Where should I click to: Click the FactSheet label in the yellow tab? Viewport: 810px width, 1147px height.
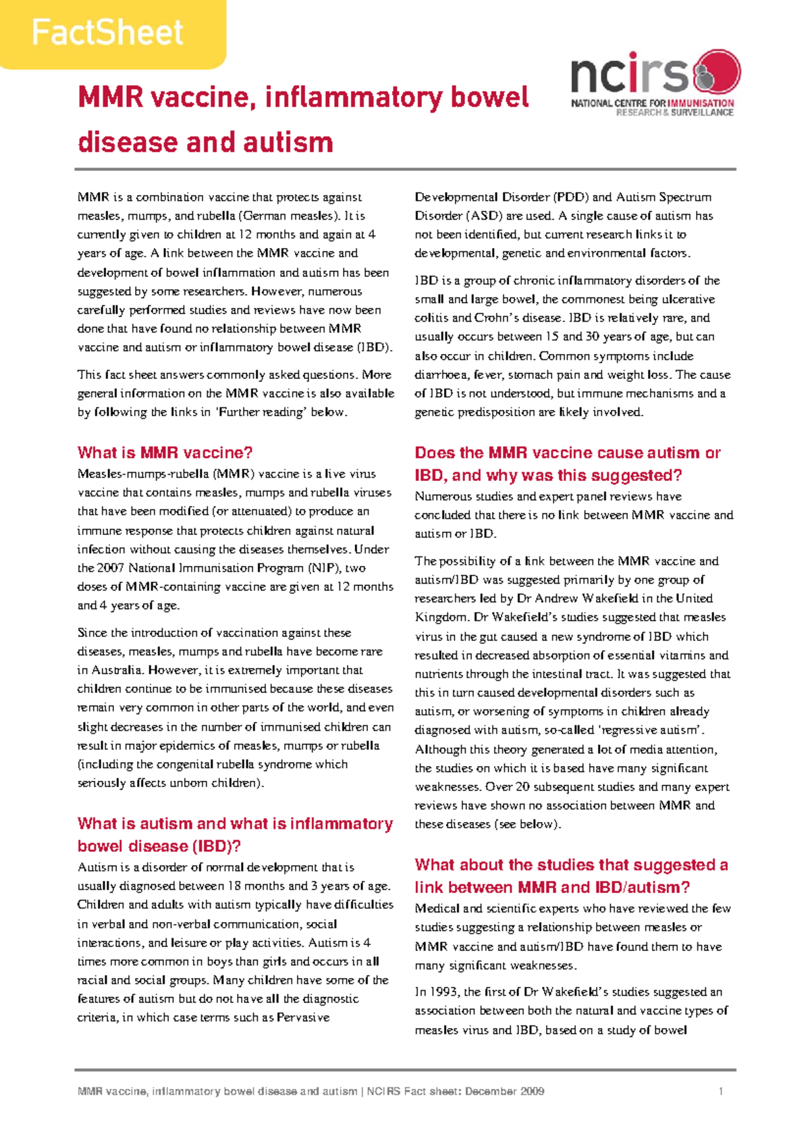click(107, 32)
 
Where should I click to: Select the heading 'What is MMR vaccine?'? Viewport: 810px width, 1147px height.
click(165, 453)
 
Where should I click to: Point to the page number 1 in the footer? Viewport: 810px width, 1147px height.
click(721, 1091)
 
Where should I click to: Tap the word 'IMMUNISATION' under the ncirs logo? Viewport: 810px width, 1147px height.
click(701, 103)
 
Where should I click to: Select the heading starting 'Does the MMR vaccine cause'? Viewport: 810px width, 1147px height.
click(567, 453)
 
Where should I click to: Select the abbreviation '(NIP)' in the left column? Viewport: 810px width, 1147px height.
click(324, 568)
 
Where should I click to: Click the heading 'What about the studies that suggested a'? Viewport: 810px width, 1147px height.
click(571, 865)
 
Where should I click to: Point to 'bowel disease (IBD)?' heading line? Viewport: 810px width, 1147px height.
click(159, 846)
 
